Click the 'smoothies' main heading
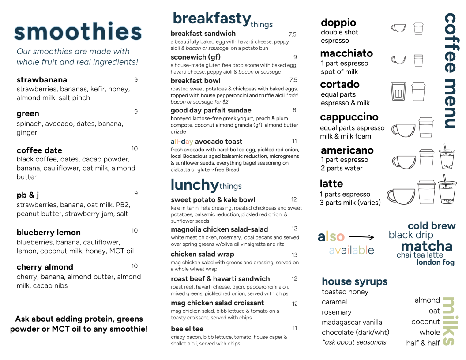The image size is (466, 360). [x=78, y=32]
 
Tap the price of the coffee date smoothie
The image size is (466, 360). [x=135, y=149]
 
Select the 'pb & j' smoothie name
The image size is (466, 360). [x=28, y=195]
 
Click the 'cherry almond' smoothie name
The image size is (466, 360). [x=45, y=267]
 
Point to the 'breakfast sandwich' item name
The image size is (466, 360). [x=203, y=34]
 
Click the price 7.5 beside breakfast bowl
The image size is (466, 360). [x=293, y=80]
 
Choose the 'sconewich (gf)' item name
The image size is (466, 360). [x=195, y=57]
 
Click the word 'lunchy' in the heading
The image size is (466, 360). [x=194, y=184]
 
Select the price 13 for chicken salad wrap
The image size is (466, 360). [x=294, y=255]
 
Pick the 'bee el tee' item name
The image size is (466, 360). [x=187, y=329]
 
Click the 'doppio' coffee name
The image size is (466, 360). [x=338, y=22]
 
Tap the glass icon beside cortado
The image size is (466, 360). [x=398, y=91]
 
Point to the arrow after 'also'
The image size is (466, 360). [x=364, y=237]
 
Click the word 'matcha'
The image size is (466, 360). [x=426, y=246]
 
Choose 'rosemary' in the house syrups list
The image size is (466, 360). [x=337, y=312]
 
